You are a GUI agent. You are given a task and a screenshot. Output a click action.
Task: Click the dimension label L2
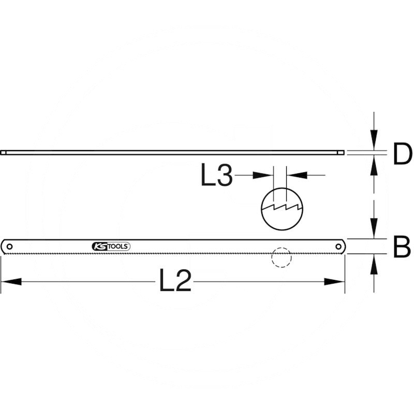(x=175, y=280)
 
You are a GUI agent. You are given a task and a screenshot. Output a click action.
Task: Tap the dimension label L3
(x=217, y=174)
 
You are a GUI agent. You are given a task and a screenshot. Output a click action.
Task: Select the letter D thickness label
(x=403, y=154)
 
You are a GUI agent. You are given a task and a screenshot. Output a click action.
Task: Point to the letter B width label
(x=402, y=247)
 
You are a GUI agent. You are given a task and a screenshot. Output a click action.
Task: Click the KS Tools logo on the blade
(x=111, y=246)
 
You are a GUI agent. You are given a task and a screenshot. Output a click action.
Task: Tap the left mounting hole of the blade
(x=9, y=247)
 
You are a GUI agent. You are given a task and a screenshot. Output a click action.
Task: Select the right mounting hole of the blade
(x=338, y=247)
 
